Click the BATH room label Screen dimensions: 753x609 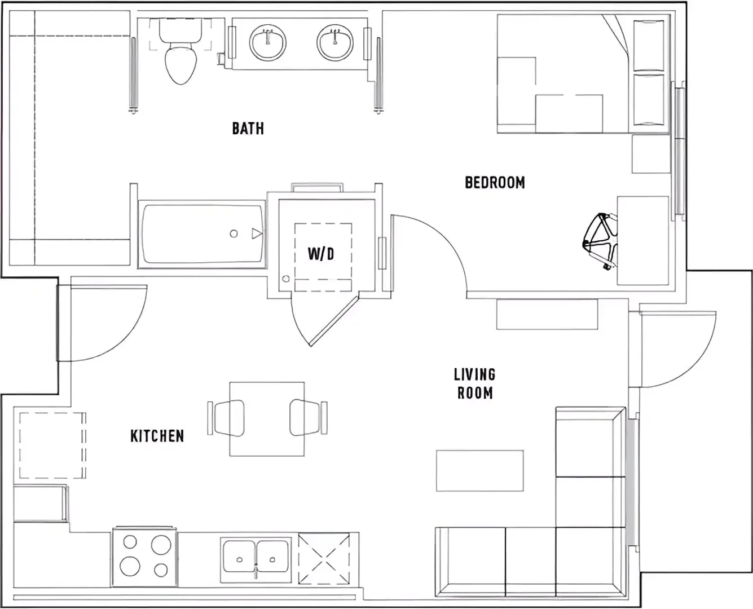[248, 129]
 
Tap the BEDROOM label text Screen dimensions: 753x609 [495, 182]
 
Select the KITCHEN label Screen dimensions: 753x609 [157, 436]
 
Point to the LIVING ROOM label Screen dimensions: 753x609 [475, 383]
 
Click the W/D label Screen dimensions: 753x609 [320, 254]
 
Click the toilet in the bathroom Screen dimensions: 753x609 [180, 51]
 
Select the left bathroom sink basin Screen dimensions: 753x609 [267, 43]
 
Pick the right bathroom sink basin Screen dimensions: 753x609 [335, 42]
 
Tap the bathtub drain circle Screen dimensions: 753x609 [234, 233]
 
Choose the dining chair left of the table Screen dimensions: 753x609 [226, 418]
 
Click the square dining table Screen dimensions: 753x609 [267, 419]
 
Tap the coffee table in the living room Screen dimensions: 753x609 [480, 470]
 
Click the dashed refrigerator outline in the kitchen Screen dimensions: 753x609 [52, 445]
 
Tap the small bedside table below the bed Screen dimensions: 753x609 [651, 154]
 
